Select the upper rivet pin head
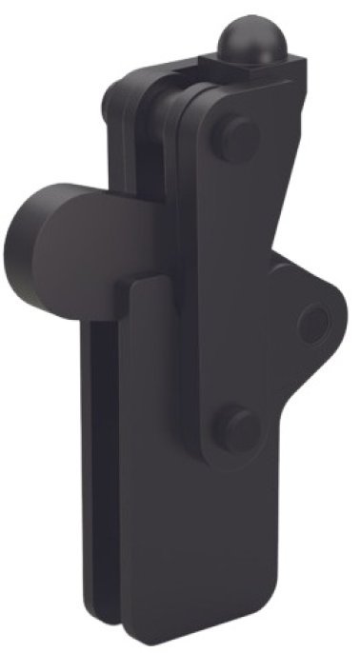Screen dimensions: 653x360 click(x=234, y=138)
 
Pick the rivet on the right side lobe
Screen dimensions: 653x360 click(x=311, y=324)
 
